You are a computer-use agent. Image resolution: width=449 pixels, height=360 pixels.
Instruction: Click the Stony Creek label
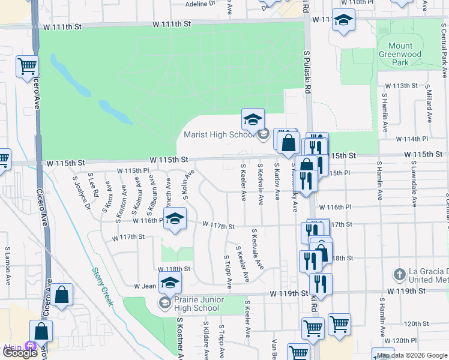(103, 286)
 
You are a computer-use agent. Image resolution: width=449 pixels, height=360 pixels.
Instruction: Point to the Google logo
(20, 352)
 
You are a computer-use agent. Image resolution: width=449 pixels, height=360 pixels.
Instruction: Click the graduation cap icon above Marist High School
(253, 119)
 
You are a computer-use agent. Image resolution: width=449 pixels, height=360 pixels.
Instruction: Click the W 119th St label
(288, 293)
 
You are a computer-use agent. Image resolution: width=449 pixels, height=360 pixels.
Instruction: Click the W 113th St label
(401, 86)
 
